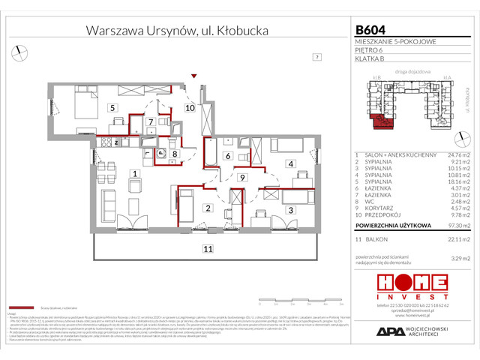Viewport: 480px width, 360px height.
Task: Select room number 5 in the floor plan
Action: [x=112, y=108]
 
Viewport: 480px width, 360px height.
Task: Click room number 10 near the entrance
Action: [x=190, y=108]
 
